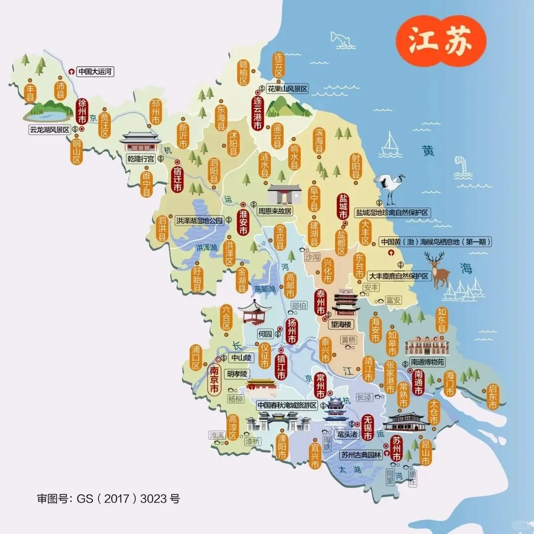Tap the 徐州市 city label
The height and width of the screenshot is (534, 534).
[x=82, y=112]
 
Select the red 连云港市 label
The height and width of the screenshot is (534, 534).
[x=257, y=113]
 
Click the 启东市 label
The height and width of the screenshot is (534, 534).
[x=492, y=397]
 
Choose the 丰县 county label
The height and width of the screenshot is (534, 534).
[x=31, y=92]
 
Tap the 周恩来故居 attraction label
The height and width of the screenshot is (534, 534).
[x=274, y=211]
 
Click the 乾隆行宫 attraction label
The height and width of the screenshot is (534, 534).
[x=141, y=159]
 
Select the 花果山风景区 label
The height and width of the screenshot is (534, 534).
[x=287, y=89]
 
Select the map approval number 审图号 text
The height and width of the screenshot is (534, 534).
[x=109, y=498]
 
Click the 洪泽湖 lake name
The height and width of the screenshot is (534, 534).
[x=206, y=247]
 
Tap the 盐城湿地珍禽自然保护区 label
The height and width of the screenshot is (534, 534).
[x=393, y=212]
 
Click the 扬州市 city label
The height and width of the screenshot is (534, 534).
[x=292, y=331]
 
